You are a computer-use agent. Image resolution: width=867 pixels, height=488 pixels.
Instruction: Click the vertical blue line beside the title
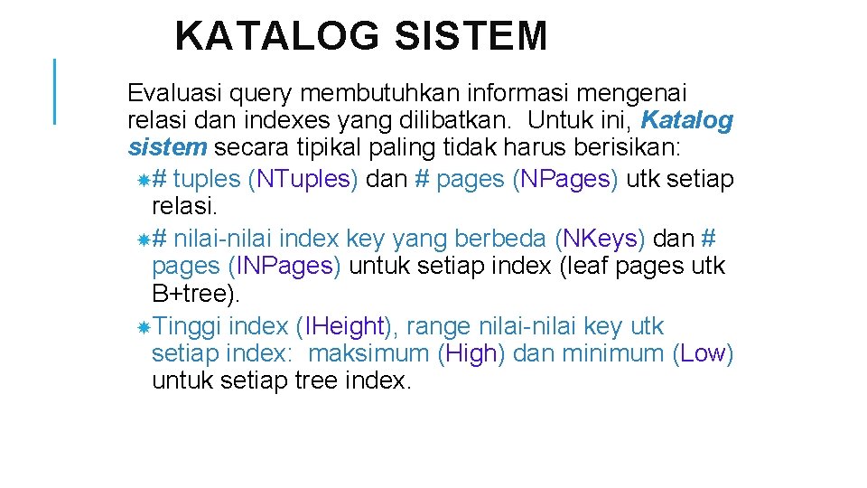(x=55, y=90)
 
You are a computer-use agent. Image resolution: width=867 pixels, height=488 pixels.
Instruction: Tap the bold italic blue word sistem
(x=167, y=147)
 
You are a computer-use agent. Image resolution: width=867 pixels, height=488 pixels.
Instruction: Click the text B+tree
(x=193, y=294)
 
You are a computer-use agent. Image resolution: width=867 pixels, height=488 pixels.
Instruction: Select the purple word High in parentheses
(x=471, y=353)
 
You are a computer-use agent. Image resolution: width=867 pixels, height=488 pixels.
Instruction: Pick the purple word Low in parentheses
(x=704, y=353)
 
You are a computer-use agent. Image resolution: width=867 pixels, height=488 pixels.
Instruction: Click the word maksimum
(x=368, y=353)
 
